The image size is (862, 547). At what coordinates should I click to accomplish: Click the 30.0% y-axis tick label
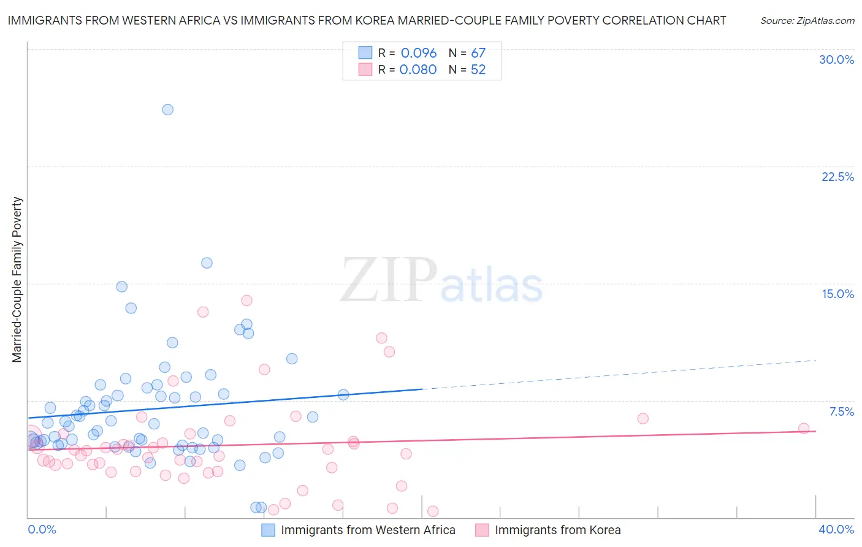(x=836, y=59)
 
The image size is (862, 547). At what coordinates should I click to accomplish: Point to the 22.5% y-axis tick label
(x=837, y=177)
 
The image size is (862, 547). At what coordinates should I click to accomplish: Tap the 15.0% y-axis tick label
(x=837, y=294)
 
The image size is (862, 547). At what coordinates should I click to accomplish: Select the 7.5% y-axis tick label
(x=841, y=411)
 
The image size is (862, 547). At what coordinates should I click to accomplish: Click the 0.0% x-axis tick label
(x=42, y=529)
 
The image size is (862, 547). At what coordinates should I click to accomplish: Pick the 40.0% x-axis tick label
(x=836, y=529)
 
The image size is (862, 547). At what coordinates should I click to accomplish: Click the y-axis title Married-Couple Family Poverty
(x=17, y=280)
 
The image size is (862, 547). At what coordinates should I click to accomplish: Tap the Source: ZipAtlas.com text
(x=807, y=21)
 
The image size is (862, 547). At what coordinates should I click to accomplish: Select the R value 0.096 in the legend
(x=419, y=53)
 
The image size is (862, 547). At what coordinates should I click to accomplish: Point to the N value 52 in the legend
(x=478, y=70)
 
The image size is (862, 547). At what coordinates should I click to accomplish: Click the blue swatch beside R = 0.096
(x=365, y=53)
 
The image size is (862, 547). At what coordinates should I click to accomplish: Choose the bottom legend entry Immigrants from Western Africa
(x=368, y=530)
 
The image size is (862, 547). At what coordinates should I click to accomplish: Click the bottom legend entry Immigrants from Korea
(x=557, y=530)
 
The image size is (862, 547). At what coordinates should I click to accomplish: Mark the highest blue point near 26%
(x=167, y=110)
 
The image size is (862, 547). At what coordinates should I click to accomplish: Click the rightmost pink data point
(x=804, y=429)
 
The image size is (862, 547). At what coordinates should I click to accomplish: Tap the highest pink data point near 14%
(x=246, y=300)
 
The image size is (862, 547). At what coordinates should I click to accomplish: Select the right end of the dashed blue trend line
(x=816, y=360)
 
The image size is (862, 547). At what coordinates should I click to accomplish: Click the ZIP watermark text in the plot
(x=388, y=281)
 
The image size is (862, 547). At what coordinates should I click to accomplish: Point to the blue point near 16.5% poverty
(x=207, y=263)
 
